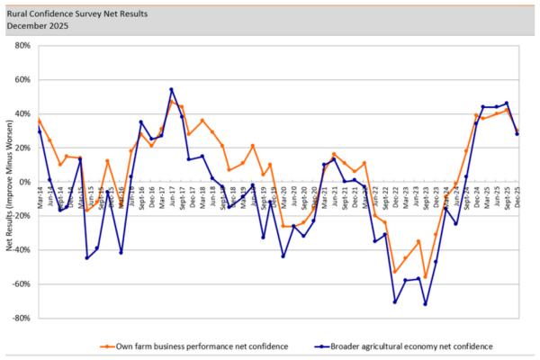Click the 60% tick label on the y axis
point(22,79)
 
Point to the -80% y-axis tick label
point(22,318)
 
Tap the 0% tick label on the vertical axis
point(25,181)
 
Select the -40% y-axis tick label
point(22,249)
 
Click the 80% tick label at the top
point(22,45)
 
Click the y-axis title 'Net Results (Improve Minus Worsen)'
point(8,180)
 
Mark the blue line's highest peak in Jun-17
point(171,89)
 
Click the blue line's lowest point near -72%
point(425,304)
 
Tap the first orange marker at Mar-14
point(39,120)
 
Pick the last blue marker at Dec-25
point(517,134)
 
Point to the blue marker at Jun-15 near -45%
point(88,257)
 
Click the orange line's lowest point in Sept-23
point(425,277)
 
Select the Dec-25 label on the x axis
point(517,193)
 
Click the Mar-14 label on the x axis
point(39,193)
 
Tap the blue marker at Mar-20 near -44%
point(283,256)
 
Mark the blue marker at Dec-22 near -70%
point(394,301)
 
